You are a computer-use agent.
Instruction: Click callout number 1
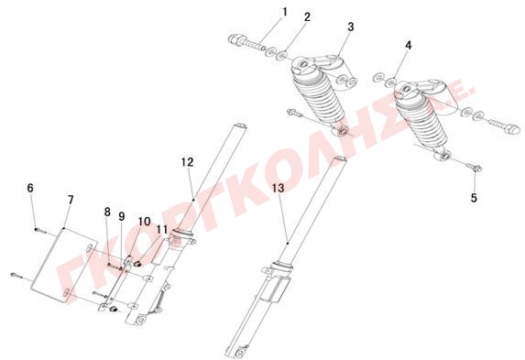(285, 12)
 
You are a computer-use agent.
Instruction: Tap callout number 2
(307, 17)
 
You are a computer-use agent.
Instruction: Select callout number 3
(351, 27)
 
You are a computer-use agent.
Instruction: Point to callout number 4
(408, 45)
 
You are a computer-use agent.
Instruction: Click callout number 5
(474, 198)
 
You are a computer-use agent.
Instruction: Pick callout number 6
(30, 188)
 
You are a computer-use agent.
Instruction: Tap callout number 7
(71, 200)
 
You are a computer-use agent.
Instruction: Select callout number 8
(107, 212)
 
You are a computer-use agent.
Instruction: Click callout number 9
(122, 217)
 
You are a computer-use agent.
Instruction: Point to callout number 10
(144, 222)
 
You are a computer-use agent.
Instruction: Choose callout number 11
(162, 230)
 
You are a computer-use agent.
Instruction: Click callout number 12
(188, 162)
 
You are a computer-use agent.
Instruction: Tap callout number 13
(278, 188)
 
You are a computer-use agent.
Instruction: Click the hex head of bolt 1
(235, 40)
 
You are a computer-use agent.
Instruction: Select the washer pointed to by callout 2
(282, 55)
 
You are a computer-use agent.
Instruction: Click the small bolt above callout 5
(476, 169)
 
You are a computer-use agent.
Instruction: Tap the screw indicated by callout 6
(39, 229)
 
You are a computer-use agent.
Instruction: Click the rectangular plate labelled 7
(64, 265)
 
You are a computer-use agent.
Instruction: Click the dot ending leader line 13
(288, 244)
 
